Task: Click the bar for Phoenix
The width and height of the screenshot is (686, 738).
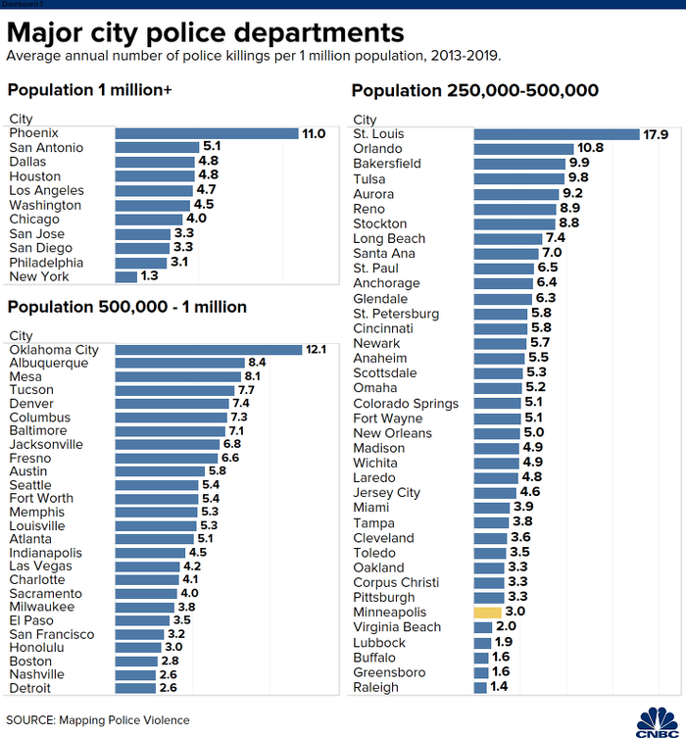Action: point(206,133)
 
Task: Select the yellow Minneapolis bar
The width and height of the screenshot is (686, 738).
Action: point(487,613)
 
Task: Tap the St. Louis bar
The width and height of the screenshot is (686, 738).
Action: point(556,133)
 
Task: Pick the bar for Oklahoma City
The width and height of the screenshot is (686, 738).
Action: point(208,350)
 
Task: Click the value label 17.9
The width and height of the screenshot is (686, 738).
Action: point(656,133)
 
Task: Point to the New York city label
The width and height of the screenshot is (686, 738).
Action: point(38,277)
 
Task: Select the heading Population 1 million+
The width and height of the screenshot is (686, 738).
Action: point(89,91)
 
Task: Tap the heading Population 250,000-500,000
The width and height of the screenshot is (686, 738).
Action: point(474,91)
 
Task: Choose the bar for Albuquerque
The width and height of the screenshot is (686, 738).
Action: point(179,364)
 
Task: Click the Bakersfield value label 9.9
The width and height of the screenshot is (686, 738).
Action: point(579,164)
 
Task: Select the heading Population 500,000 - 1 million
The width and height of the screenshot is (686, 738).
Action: point(126,308)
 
